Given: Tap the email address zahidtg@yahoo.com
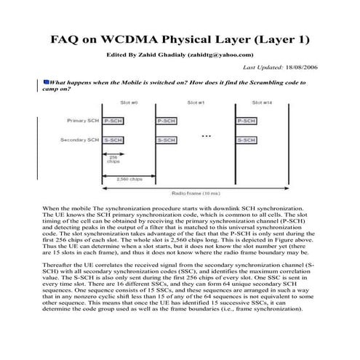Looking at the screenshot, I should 220,55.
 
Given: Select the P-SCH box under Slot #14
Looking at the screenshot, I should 244,120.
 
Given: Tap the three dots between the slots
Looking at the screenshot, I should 206,136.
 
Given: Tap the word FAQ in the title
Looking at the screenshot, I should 65,39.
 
